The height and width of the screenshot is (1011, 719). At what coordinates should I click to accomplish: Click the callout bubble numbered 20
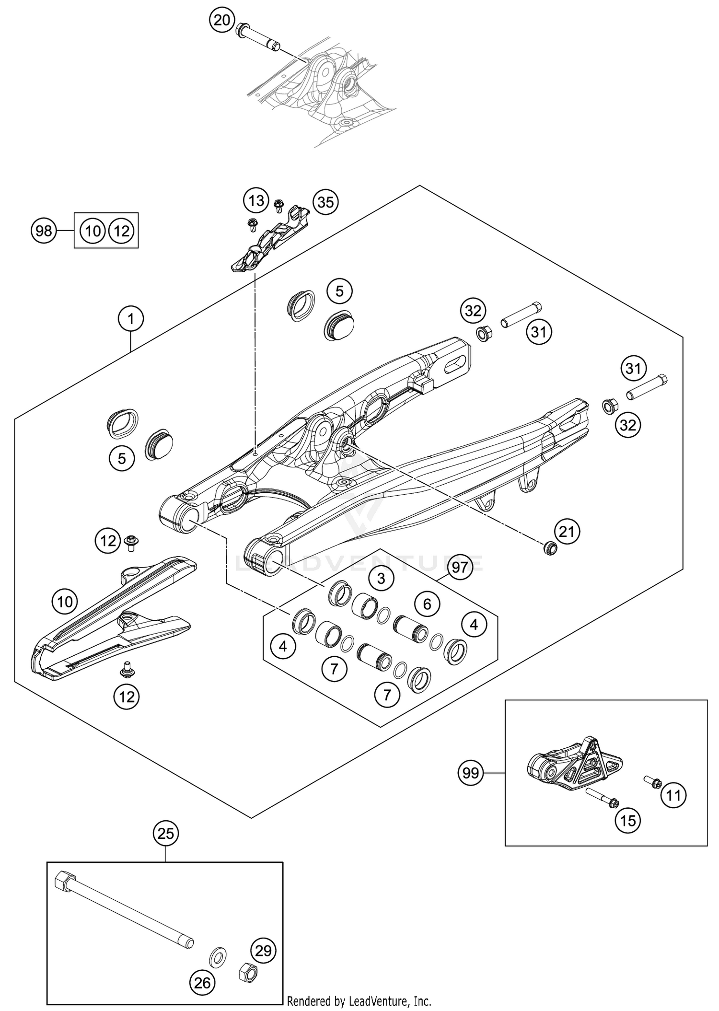(222, 21)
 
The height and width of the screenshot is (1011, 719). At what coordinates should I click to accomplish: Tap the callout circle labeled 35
(325, 202)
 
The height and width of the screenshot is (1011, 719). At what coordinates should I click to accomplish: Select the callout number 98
(44, 231)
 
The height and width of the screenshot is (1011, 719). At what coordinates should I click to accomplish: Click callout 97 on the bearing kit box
(460, 568)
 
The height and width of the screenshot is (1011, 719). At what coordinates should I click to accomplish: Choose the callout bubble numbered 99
(471, 773)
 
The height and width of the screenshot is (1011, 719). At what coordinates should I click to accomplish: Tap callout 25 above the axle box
(166, 834)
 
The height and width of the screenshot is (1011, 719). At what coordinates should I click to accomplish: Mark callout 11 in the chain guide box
(673, 796)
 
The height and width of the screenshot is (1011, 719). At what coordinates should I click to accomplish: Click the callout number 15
(628, 821)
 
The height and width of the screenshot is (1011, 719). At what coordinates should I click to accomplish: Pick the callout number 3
(381, 579)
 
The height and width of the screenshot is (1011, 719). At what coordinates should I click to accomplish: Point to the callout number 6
(427, 604)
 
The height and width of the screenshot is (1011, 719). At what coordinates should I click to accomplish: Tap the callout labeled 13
(256, 200)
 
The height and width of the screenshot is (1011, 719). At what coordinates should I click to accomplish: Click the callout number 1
(131, 318)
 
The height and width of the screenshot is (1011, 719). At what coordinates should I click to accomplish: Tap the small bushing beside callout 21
(550, 548)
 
